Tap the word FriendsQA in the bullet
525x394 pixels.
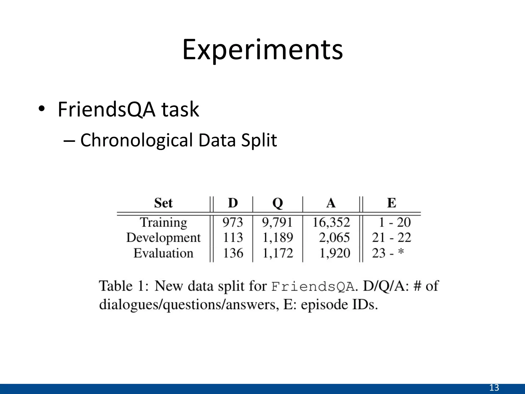[106, 110]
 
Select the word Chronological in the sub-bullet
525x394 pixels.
[136, 140]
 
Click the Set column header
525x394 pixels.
[163, 203]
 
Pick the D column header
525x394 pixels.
[233, 203]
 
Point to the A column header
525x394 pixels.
[331, 203]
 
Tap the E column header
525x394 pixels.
[391, 203]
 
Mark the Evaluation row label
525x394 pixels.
[163, 253]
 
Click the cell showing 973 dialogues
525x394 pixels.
[233, 222]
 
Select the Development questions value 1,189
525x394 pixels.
[278, 238]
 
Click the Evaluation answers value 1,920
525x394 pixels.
[335, 253]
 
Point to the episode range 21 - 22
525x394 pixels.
[391, 238]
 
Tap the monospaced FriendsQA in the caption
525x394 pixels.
[312, 287]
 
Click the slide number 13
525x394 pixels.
[494, 388]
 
